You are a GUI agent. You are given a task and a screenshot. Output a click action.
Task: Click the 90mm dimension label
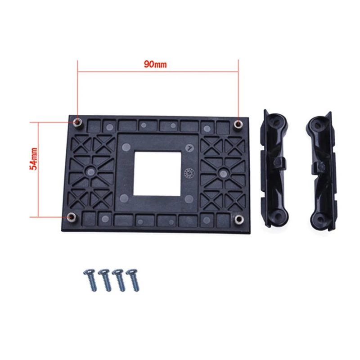[155, 64]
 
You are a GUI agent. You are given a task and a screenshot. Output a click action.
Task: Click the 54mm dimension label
[34, 161]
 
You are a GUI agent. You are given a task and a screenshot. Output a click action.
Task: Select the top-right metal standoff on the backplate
[238, 123]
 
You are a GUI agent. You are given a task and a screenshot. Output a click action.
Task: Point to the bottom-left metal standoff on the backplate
[72, 218]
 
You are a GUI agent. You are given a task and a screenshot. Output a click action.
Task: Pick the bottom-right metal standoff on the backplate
[239, 219]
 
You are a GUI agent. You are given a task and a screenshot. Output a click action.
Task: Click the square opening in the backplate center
[157, 173]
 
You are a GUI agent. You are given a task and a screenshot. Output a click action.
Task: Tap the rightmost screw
[133, 279]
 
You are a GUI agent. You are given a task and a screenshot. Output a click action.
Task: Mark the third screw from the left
[119, 279]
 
